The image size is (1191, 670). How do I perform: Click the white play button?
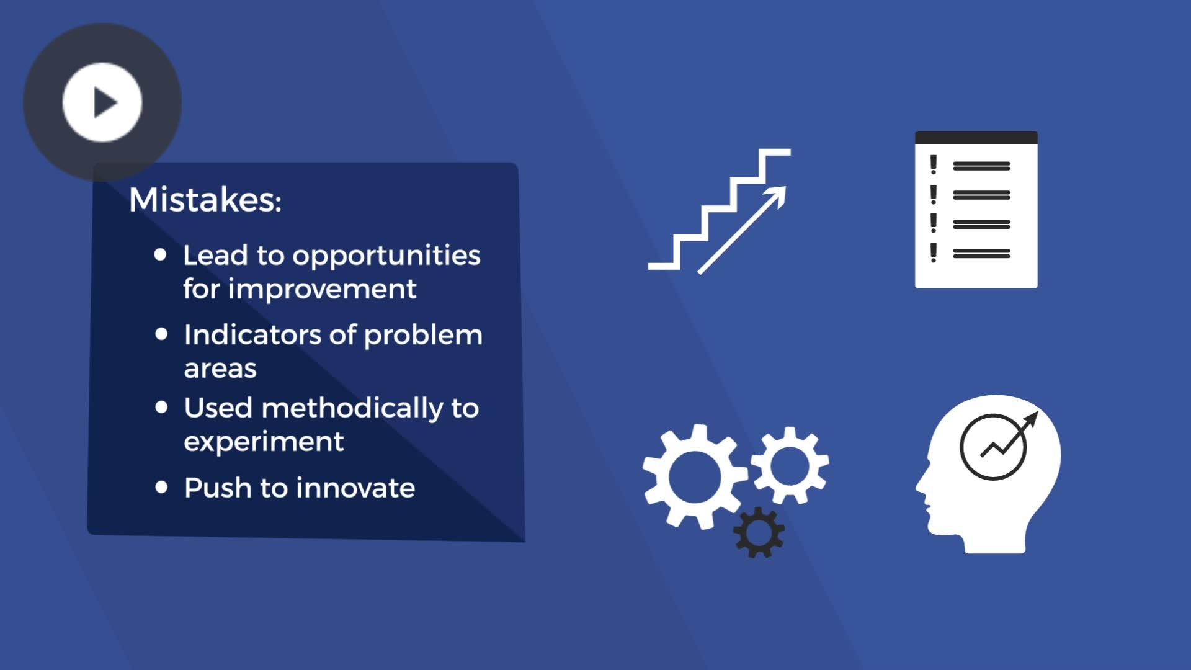pos(102,102)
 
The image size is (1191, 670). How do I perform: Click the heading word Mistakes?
pos(205,200)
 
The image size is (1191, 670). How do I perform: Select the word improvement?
pos(322,288)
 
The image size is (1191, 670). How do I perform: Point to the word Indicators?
pos(252,334)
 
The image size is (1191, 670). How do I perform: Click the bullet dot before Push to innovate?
pos(161,487)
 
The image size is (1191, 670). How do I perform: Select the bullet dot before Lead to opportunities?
pos(161,254)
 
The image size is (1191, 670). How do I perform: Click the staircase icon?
pos(720,210)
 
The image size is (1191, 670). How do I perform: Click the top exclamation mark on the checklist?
pos(933,165)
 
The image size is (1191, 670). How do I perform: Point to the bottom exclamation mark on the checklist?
pos(933,252)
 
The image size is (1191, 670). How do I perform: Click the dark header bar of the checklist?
pos(976,137)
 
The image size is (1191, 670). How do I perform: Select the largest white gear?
pos(695,476)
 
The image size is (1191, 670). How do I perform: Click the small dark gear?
pos(759,532)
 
